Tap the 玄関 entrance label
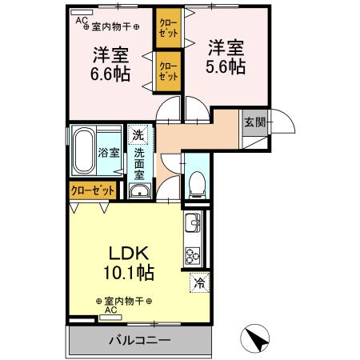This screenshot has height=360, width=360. click(x=254, y=122)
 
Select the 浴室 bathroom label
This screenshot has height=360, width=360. click(x=109, y=150)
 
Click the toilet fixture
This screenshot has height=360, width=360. click(x=198, y=182)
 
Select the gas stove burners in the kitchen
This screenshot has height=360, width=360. click(x=193, y=257)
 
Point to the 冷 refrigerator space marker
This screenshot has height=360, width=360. click(x=198, y=282)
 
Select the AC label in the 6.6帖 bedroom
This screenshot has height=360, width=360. click(x=81, y=22)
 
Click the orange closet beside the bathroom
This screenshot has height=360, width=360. click(x=91, y=191)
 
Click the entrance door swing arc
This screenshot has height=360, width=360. click(x=286, y=124)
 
